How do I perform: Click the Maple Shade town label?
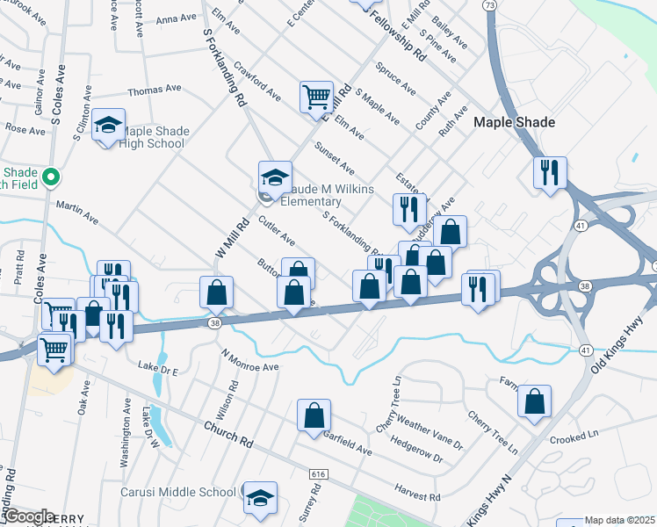pos(514,122)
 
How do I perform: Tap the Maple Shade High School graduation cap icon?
pos(109,126)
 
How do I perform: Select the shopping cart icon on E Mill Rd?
pos(316,97)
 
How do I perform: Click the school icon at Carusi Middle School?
pos(260,498)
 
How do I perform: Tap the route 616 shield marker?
pos(318,474)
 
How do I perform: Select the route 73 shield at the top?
pos(489,5)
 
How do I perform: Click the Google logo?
pos(28,516)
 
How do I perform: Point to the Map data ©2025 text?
pos(619,520)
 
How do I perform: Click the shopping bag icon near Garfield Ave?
pos(314,416)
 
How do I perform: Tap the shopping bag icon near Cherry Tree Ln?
pos(534,401)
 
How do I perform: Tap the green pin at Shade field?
pos(50,177)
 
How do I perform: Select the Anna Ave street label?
pos(173,18)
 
